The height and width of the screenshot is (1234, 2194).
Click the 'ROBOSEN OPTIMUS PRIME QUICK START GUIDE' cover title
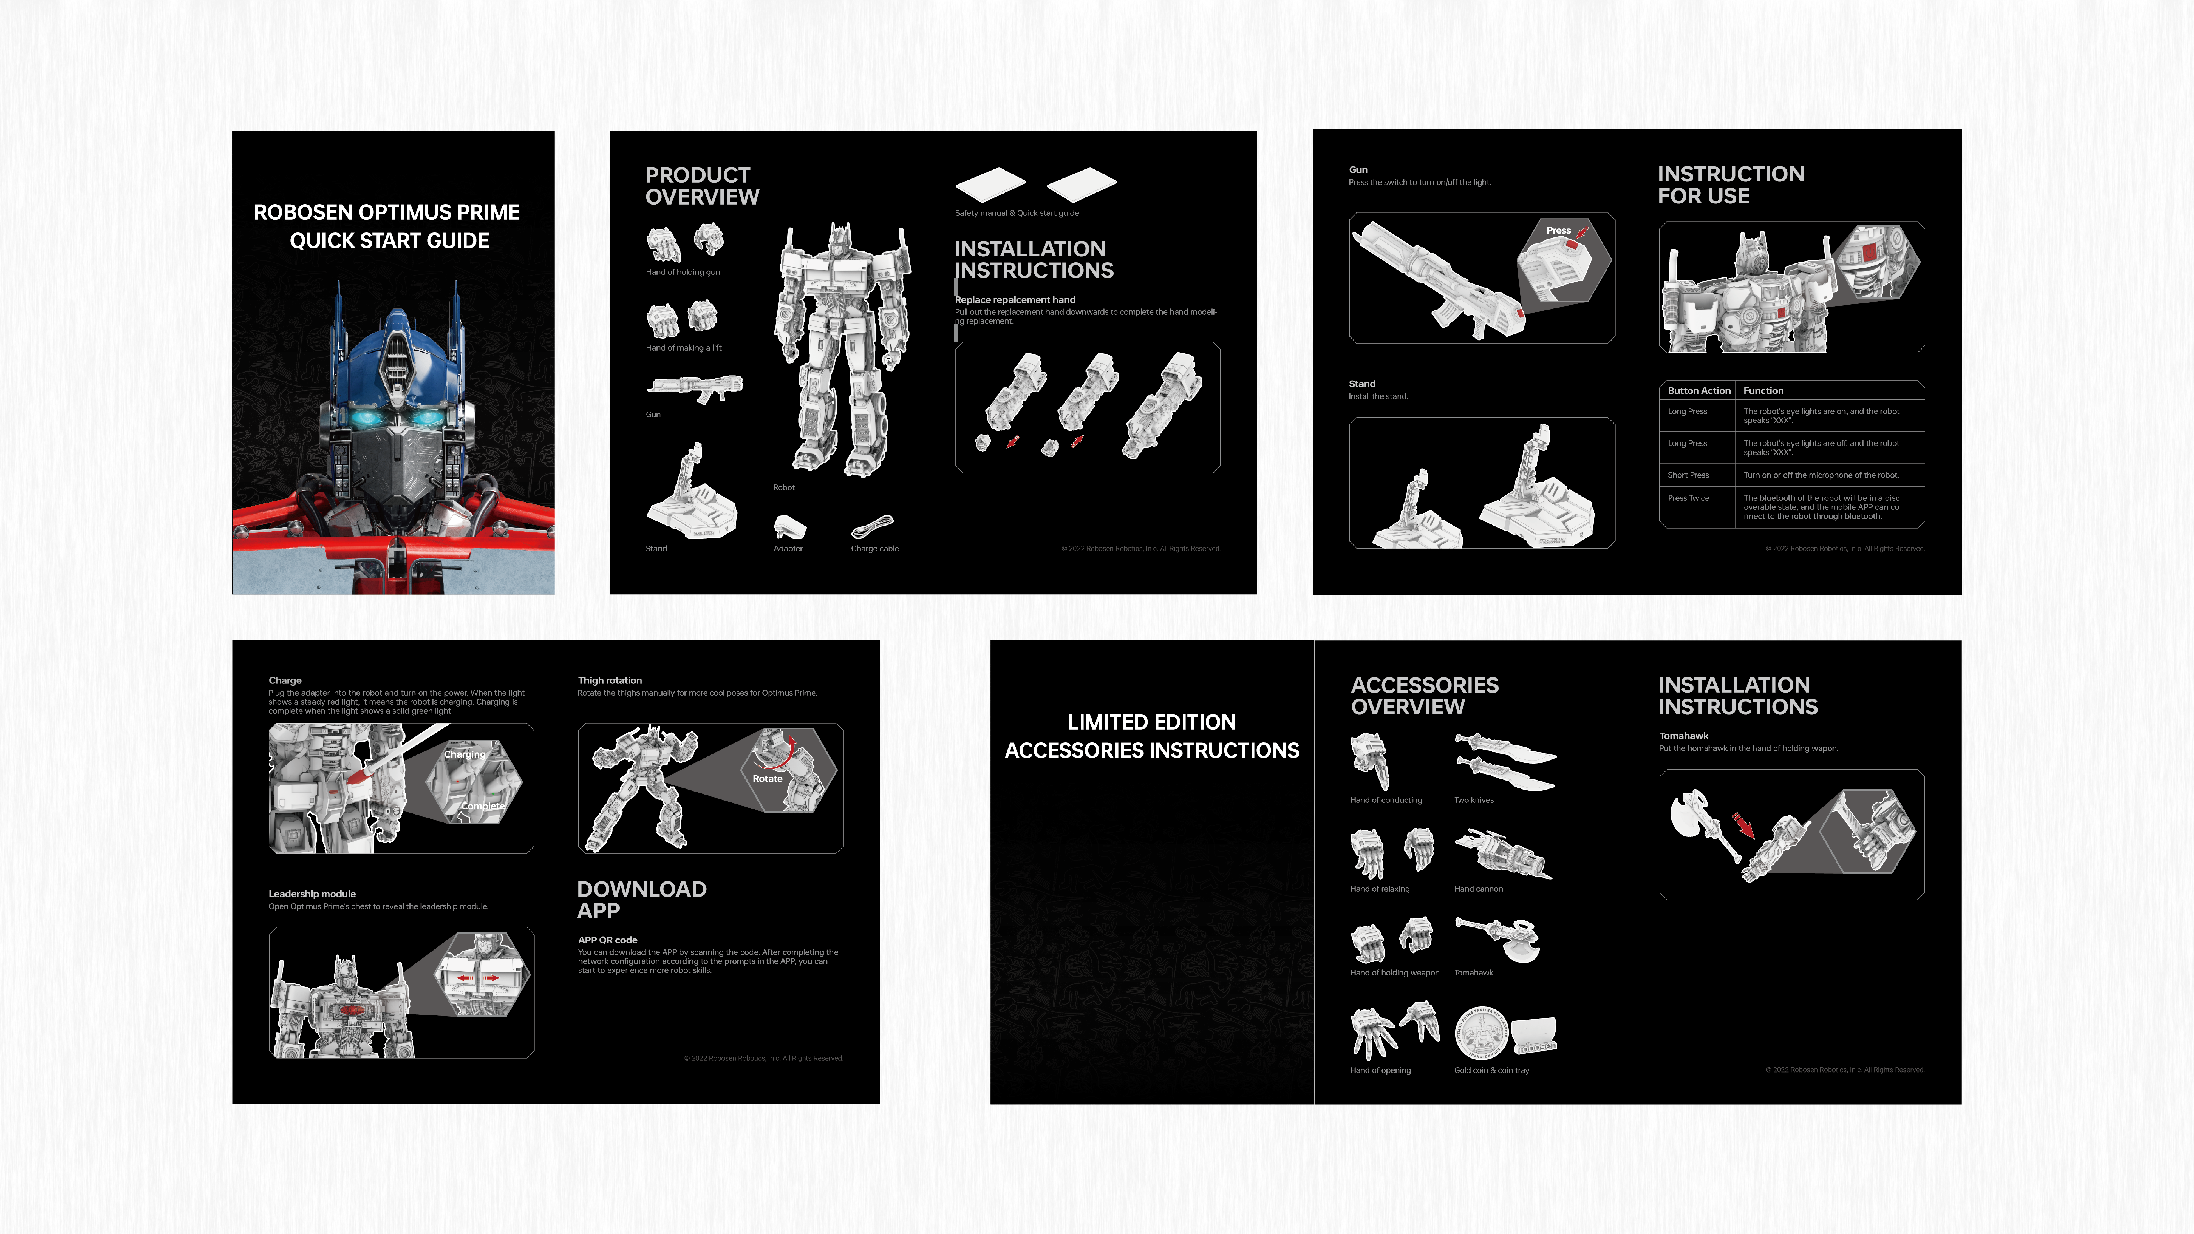click(x=387, y=226)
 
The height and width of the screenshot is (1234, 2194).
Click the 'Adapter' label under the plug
click(x=788, y=548)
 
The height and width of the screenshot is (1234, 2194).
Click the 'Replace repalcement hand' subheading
click(x=1014, y=300)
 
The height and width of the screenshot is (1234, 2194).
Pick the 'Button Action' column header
click(x=1698, y=391)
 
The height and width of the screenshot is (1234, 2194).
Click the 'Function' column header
click(x=1762, y=391)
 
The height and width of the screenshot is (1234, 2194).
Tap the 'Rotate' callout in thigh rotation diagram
click(x=766, y=778)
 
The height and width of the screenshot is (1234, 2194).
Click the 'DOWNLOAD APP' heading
click(x=641, y=899)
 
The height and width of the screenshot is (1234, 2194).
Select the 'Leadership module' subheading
click(x=312, y=894)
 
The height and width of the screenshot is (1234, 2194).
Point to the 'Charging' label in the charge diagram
click(x=464, y=754)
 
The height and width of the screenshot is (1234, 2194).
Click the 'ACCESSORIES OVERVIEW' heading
click(x=1424, y=696)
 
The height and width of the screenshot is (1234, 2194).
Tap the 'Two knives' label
click(x=1473, y=801)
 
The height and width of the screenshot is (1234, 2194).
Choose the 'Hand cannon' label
click(x=1478, y=889)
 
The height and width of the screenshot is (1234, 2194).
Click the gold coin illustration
click(x=1481, y=1033)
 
